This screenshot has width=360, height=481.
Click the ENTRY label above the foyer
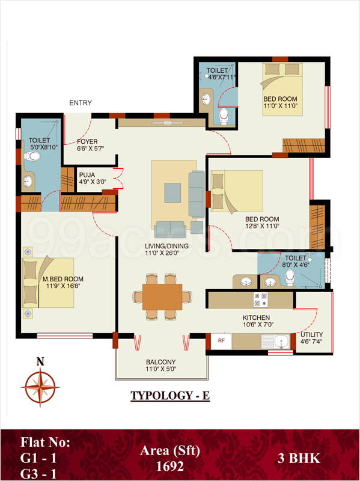(x=81, y=103)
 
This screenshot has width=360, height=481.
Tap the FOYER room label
(x=88, y=142)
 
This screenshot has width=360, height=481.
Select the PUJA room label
(x=88, y=176)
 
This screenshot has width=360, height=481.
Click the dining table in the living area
(x=162, y=296)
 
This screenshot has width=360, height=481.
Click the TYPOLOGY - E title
(x=169, y=397)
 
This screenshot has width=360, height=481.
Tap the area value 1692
(x=170, y=465)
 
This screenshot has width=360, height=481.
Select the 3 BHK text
(x=298, y=459)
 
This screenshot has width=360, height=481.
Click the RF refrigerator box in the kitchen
(x=221, y=341)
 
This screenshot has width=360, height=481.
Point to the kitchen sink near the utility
(x=279, y=342)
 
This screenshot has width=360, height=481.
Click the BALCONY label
(x=161, y=362)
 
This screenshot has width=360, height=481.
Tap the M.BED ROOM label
(x=63, y=279)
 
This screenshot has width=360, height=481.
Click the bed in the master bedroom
(x=48, y=282)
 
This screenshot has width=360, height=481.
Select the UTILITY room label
(x=311, y=335)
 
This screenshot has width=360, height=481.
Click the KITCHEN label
(x=257, y=317)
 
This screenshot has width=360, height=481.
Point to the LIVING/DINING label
(x=166, y=246)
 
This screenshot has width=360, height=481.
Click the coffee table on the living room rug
(x=172, y=191)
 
